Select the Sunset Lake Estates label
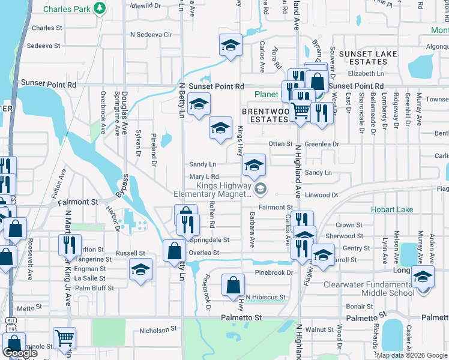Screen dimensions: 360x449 click(x=363, y=58)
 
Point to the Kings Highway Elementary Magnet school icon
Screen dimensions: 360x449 click(x=260, y=190)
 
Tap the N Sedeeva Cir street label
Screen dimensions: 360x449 click(x=151, y=35)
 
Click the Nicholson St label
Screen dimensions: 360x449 click(x=158, y=329)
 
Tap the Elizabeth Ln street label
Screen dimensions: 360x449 click(x=365, y=74)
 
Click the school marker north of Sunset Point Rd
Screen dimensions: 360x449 click(x=230, y=46)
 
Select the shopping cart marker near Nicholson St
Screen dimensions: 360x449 click(x=64, y=338)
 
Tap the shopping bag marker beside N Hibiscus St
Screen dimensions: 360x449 click(x=232, y=286)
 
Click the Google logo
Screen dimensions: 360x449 click(x=20, y=353)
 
